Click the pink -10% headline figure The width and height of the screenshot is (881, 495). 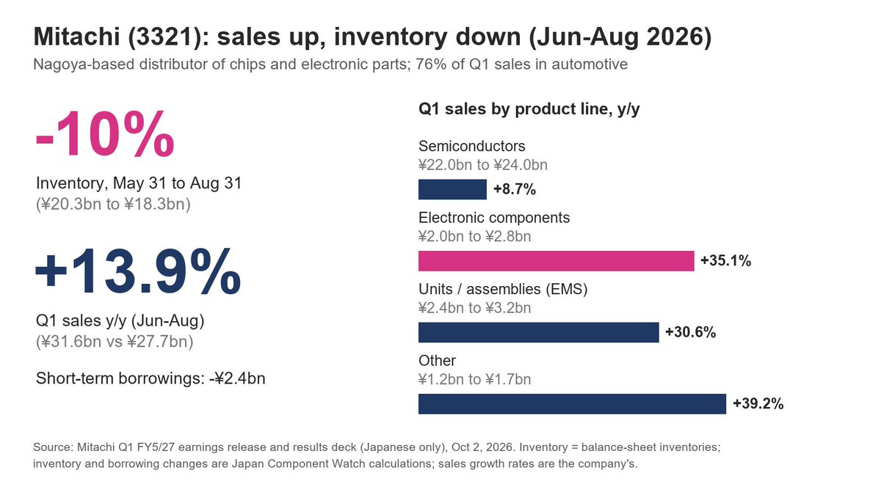(104, 133)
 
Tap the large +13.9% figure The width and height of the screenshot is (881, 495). (138, 271)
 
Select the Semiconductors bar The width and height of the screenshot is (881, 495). (452, 189)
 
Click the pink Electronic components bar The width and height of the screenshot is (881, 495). (556, 261)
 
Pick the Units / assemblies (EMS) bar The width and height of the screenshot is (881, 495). (538, 332)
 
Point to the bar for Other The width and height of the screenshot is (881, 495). (572, 404)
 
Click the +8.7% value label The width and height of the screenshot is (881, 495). (515, 189)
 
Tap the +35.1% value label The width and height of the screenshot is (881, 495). (725, 261)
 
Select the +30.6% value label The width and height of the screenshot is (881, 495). (690, 332)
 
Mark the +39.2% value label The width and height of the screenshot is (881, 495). (758, 404)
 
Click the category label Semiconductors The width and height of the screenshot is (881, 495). (471, 146)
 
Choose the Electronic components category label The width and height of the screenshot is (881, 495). (494, 218)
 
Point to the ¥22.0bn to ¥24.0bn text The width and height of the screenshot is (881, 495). (483, 165)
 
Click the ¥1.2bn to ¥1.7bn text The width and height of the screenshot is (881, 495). (475, 380)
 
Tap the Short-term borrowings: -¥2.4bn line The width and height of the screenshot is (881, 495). (151, 378)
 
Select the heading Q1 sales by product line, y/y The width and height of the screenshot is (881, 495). (529, 109)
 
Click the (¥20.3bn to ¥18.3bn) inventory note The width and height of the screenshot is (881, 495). (113, 205)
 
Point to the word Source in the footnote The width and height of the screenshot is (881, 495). (52, 447)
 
